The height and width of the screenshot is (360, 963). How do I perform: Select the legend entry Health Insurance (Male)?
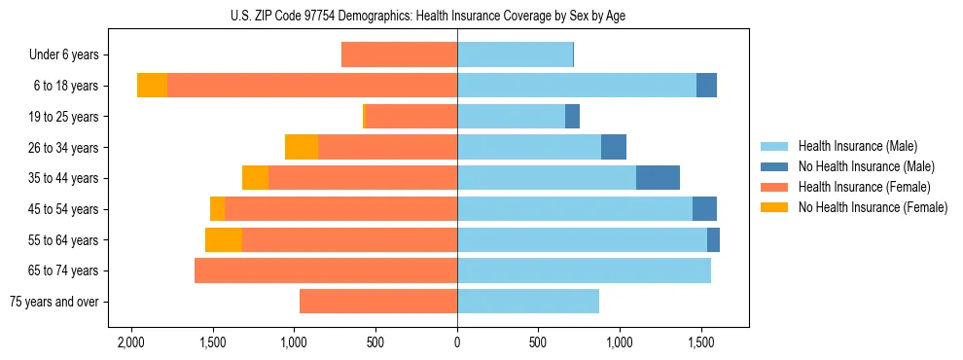[x=857, y=146]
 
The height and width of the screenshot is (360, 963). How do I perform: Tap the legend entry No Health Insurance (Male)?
[x=866, y=166]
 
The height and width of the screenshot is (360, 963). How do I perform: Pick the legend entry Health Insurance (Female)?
[x=864, y=187]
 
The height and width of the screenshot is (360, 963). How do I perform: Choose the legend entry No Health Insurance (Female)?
[x=873, y=207]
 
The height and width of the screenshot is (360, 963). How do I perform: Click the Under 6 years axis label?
[x=64, y=54]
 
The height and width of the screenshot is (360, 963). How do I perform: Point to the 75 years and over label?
[x=53, y=302]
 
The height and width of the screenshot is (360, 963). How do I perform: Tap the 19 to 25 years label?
[x=63, y=117]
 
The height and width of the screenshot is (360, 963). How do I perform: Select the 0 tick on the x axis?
[x=457, y=342]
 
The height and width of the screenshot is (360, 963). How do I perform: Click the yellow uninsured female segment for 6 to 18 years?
[x=152, y=86]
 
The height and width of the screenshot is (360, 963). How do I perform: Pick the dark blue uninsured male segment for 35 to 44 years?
[x=658, y=178]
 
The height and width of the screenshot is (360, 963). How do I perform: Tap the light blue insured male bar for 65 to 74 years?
[x=584, y=270]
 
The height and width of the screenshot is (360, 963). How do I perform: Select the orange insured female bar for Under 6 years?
[x=399, y=54]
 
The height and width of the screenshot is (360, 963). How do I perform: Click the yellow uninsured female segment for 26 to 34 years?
[x=302, y=147]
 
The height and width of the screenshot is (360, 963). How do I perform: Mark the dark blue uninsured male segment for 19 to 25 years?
[x=572, y=117]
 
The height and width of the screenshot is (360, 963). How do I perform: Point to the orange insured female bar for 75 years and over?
[x=378, y=302]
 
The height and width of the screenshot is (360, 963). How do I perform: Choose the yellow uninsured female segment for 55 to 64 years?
[x=224, y=239]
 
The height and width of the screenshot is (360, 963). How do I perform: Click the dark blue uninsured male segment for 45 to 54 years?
[x=704, y=209]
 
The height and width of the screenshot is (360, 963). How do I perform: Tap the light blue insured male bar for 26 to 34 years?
[x=529, y=147]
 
